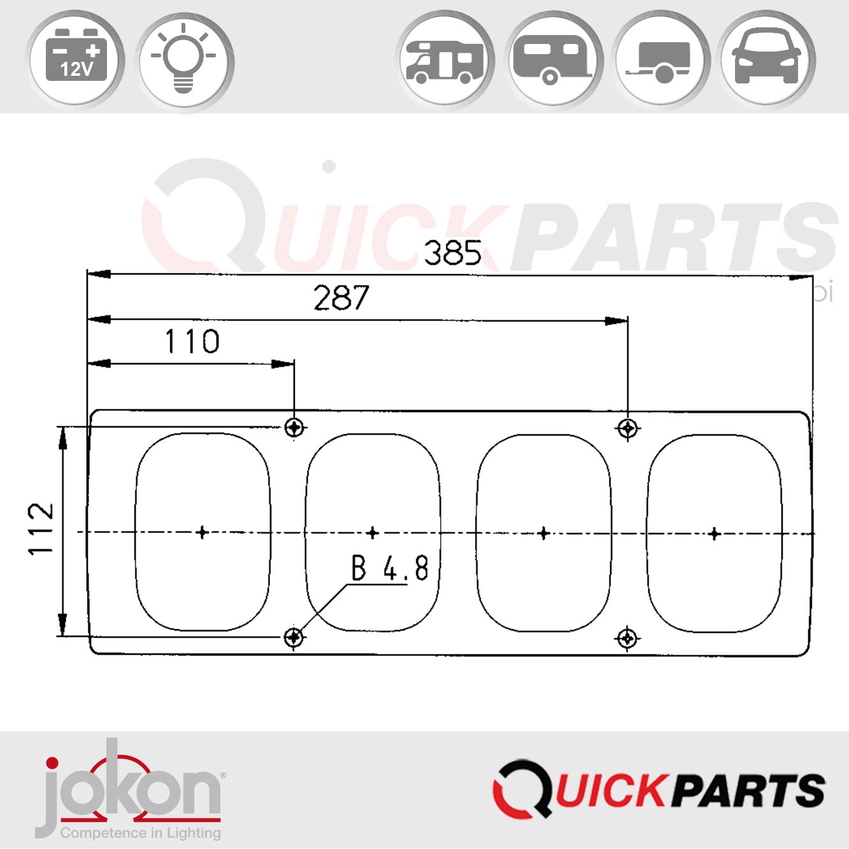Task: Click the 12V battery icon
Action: [75, 60]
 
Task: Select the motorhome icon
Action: [445, 61]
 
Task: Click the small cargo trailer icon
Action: [660, 61]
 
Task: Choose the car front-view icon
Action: [767, 59]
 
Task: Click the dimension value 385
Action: [453, 253]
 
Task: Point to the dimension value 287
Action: [341, 298]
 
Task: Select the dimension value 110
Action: [192, 341]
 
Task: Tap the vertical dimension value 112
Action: [41, 529]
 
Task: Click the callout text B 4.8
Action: [390, 568]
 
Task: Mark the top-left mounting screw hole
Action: [294, 427]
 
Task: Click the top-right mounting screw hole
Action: [627, 428]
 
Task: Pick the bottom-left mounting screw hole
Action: [294, 636]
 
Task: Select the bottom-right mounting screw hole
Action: [627, 637]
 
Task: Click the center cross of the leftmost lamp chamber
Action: [203, 532]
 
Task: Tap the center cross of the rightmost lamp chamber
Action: [714, 533]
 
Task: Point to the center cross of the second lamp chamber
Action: [373, 532]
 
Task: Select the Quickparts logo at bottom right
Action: [659, 790]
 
